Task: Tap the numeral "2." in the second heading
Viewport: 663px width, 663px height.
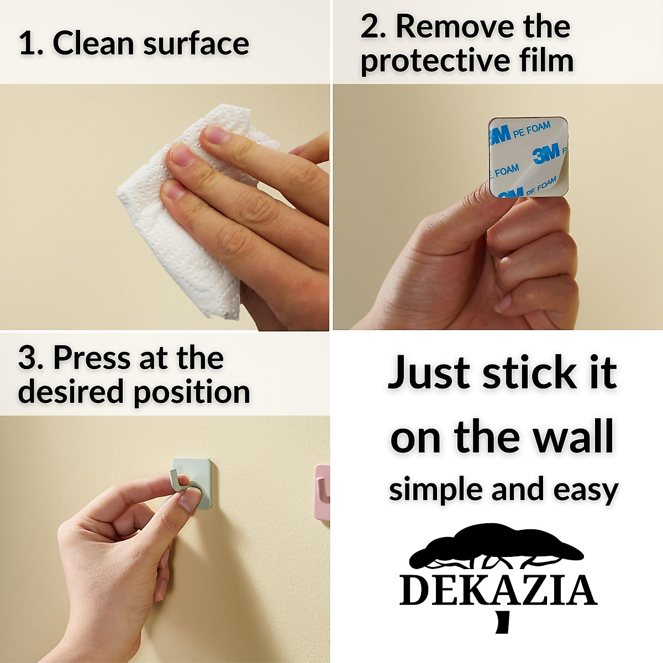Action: point(373,27)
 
